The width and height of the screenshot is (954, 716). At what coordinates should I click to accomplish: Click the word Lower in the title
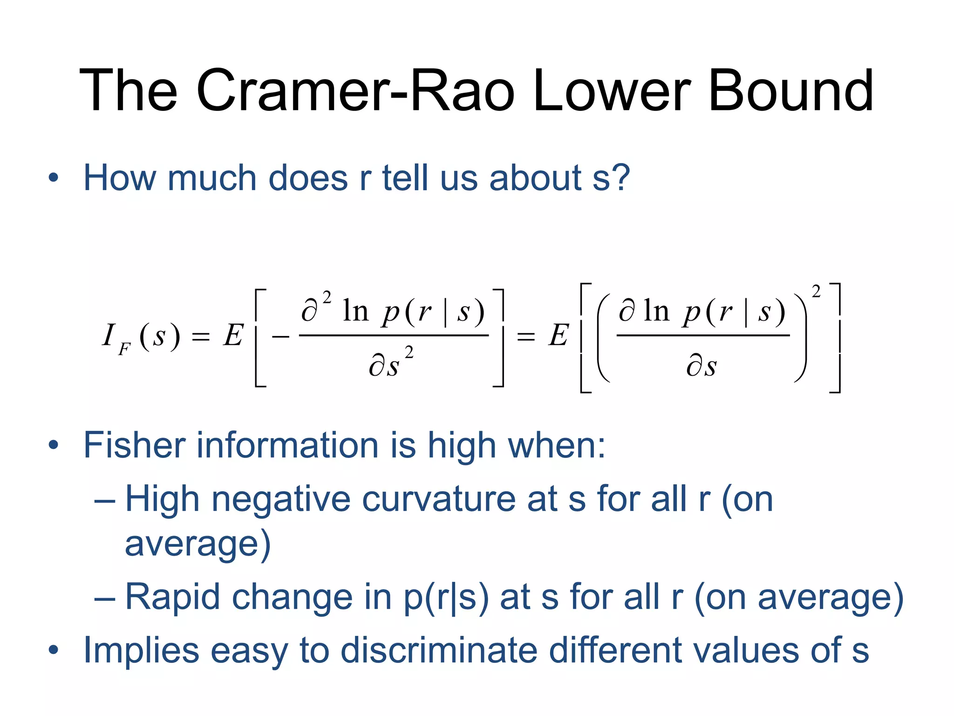[x=612, y=90]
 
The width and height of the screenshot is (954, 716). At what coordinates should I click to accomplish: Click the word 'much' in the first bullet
[x=211, y=178]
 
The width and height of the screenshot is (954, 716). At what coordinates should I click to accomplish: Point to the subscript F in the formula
[x=124, y=349]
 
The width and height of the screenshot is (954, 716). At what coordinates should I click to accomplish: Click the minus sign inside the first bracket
[x=281, y=336]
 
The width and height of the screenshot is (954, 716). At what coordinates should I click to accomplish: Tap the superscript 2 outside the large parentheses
[x=816, y=292]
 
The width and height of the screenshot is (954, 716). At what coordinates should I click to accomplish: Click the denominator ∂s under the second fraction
[x=702, y=366]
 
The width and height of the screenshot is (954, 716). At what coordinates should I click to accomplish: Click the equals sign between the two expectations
[x=526, y=336]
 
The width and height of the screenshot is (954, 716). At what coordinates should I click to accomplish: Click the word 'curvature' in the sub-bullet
[x=438, y=499]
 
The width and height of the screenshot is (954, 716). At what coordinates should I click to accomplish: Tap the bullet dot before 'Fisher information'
[x=54, y=445]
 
